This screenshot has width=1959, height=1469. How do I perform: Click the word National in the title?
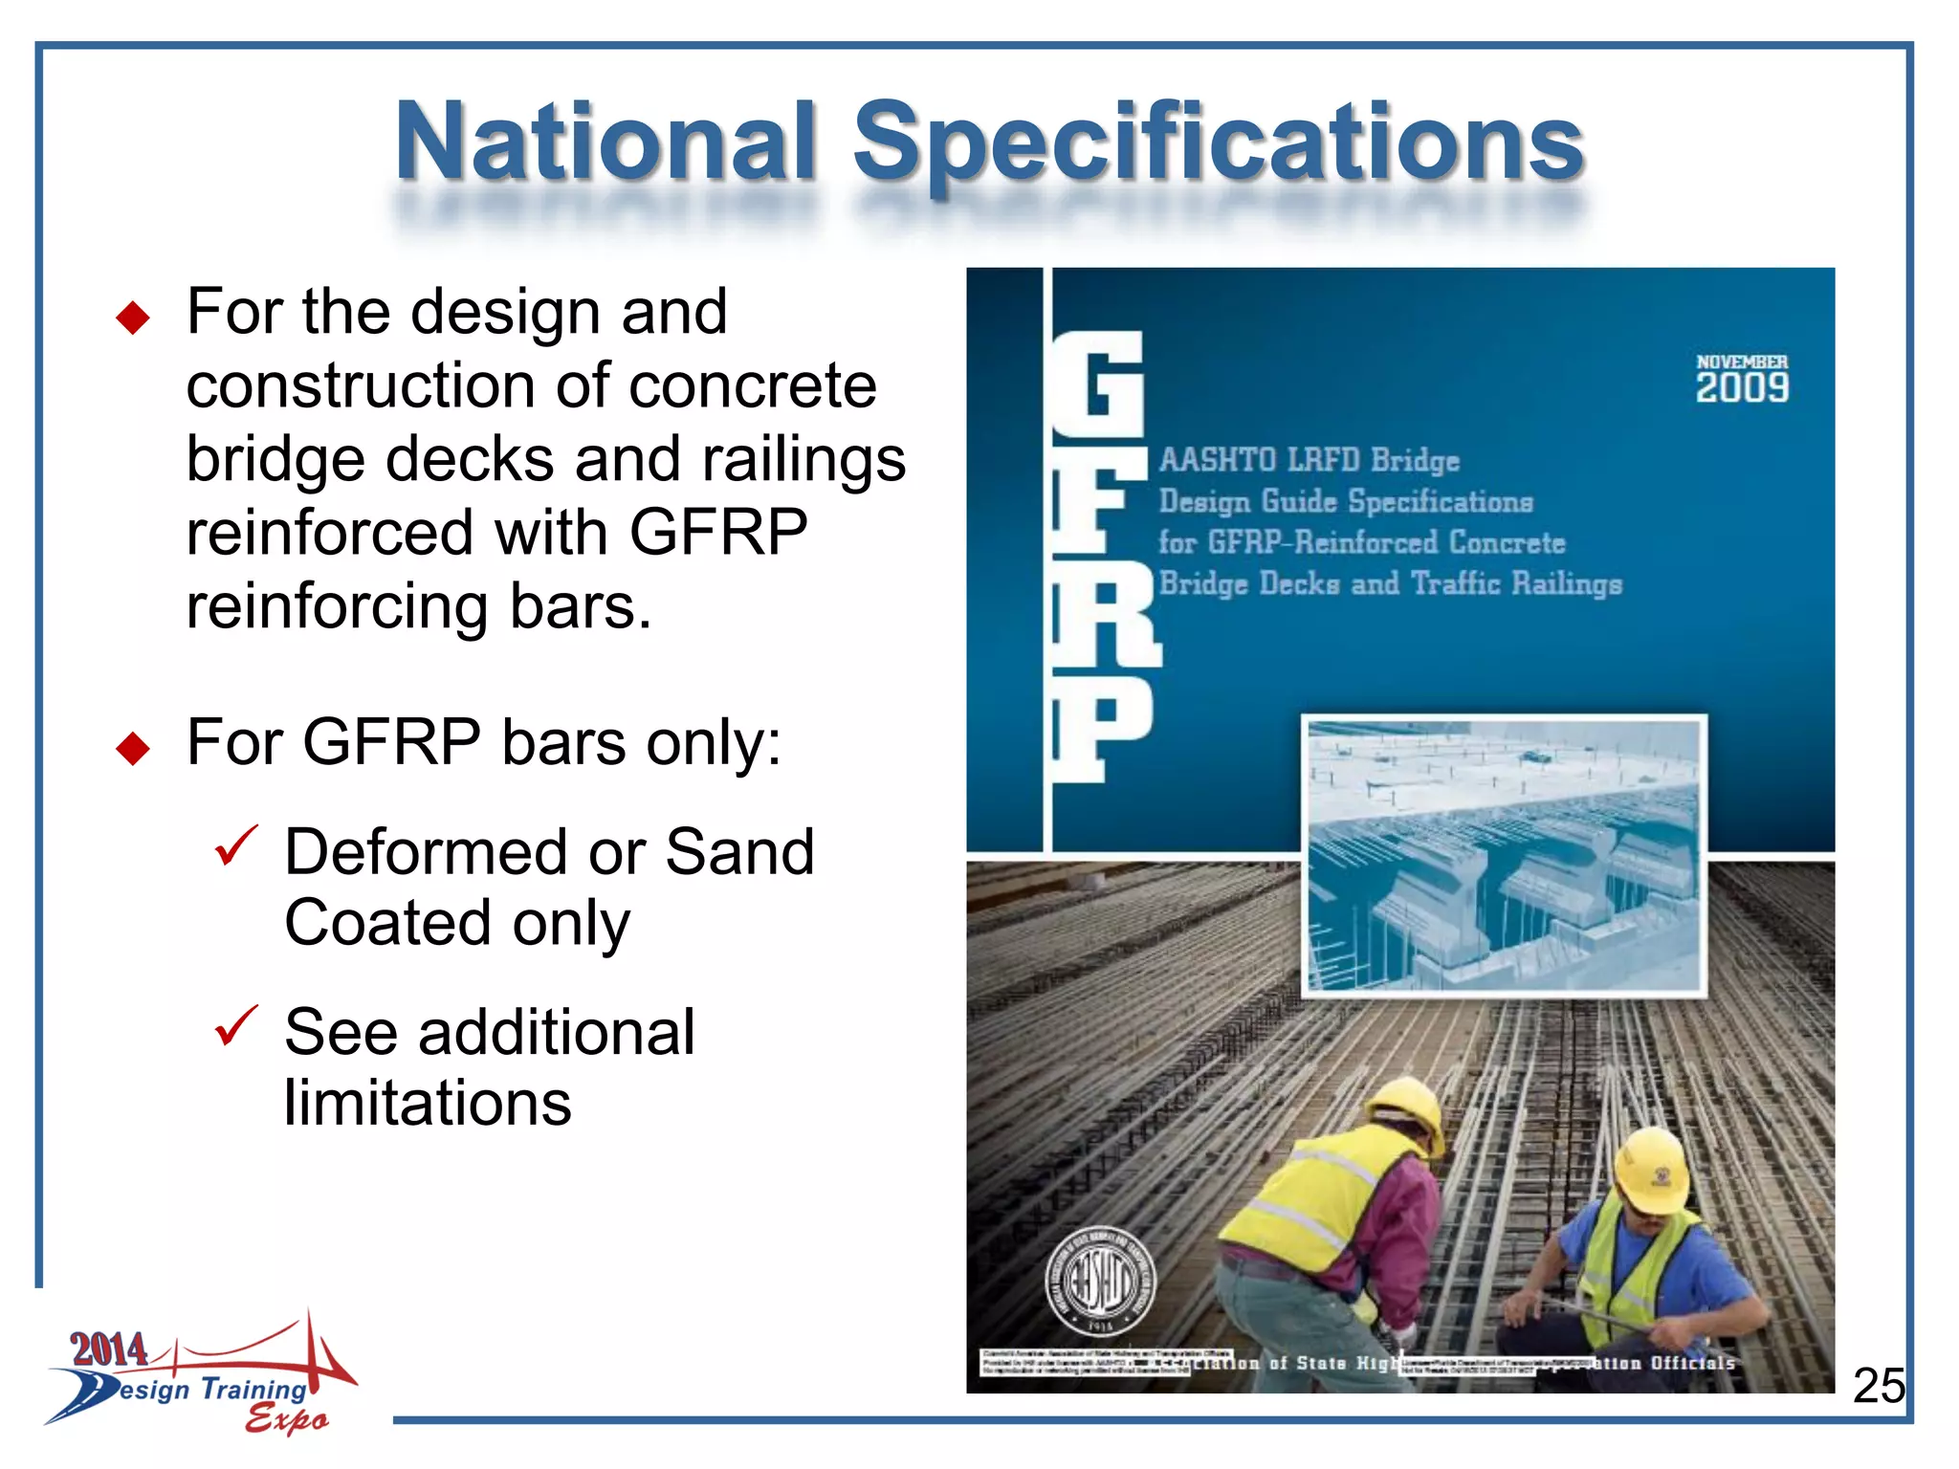606,143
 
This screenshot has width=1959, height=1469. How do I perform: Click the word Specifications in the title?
1218,143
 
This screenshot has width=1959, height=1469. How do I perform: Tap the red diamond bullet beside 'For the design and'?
133,318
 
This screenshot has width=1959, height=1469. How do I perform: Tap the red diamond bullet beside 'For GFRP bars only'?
133,748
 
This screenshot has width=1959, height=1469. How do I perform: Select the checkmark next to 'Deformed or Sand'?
235,845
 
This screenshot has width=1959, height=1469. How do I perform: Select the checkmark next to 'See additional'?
235,1026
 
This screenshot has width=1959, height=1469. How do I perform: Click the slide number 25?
1879,1386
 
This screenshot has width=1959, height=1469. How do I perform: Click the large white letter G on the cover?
1100,383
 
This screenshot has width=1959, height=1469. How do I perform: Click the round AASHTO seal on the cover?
1100,1282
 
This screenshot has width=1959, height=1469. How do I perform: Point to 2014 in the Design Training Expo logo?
109,1349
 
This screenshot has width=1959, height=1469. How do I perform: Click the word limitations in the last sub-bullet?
428,1103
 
